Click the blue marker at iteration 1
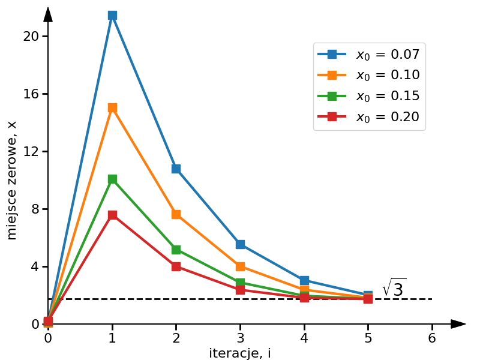[112, 15]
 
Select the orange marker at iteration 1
[112, 108]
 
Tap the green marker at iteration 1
[112, 179]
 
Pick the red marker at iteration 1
[112, 215]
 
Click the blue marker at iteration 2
[176, 169]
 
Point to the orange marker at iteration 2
[176, 214]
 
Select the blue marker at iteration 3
[240, 244]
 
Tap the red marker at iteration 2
[176, 266]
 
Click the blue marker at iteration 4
[304, 280]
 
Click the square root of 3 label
[394, 288]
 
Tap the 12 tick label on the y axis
[31, 151]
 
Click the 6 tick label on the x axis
[432, 337]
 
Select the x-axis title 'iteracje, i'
[240, 353]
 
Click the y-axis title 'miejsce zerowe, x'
[12, 180]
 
